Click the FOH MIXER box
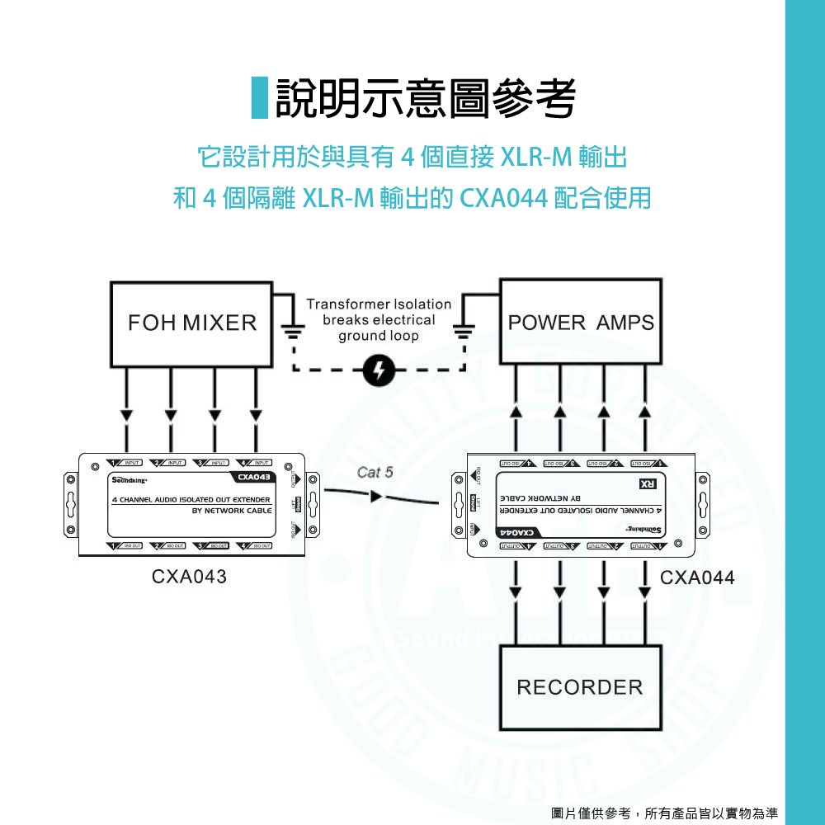191,323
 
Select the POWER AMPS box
581,323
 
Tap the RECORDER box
579,687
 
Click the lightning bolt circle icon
379,370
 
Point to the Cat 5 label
375,473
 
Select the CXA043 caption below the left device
189,577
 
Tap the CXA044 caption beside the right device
697,577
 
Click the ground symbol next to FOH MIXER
293,332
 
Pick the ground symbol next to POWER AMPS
464,332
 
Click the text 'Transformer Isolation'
379,304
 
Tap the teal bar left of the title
260,97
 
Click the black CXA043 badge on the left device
252,478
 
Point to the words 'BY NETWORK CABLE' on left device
231,511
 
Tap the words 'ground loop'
379,336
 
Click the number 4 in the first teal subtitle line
405,154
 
